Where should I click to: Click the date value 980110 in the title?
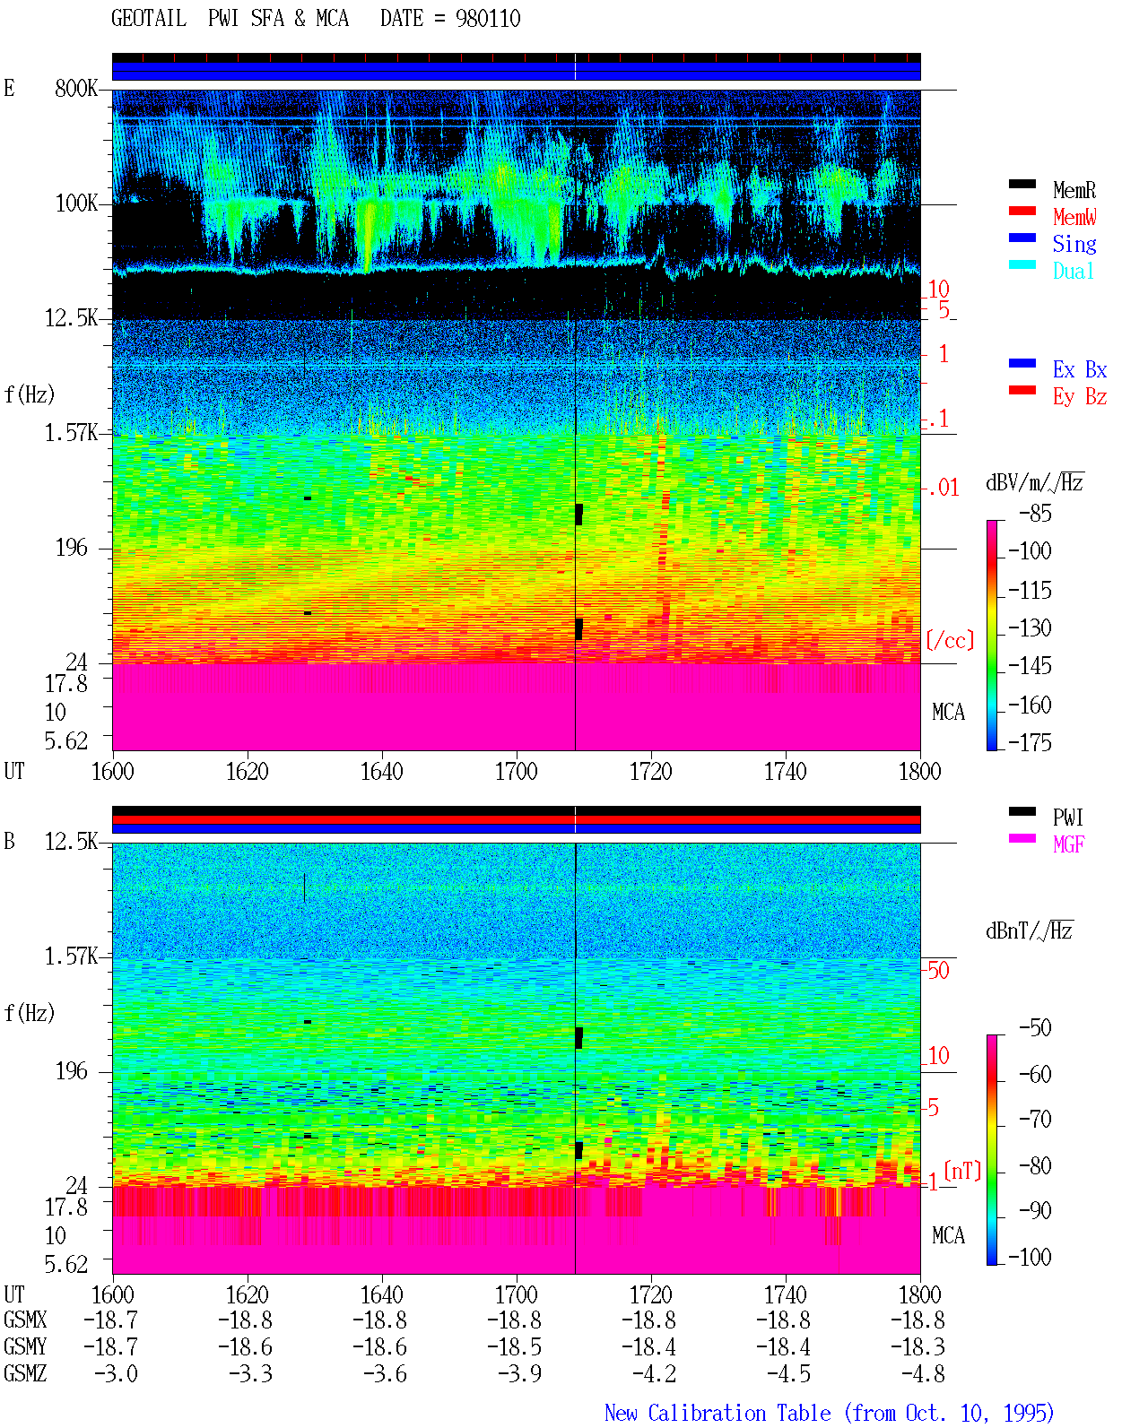pos(488,19)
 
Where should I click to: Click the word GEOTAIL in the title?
pos(149,19)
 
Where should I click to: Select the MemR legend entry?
pos(1074,190)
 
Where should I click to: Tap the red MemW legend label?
pos(1074,217)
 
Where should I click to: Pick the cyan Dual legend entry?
pos(1074,271)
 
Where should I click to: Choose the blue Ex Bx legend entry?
pos(1080,369)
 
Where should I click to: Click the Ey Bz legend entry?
pos(1080,397)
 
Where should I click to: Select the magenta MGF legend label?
pos(1068,844)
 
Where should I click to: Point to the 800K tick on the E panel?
pos(76,88)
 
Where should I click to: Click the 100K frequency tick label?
pos(76,203)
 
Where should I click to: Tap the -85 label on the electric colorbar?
pos(1035,513)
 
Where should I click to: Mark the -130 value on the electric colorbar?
pos(1030,627)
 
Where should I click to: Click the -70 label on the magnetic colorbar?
pos(1035,1120)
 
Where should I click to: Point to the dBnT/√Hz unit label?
pos(1030,930)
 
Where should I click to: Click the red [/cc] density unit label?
pos(950,640)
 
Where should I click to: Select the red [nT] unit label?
pos(962,1171)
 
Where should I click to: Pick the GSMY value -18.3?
pos(918,1346)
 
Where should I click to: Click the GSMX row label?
pos(25,1320)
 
